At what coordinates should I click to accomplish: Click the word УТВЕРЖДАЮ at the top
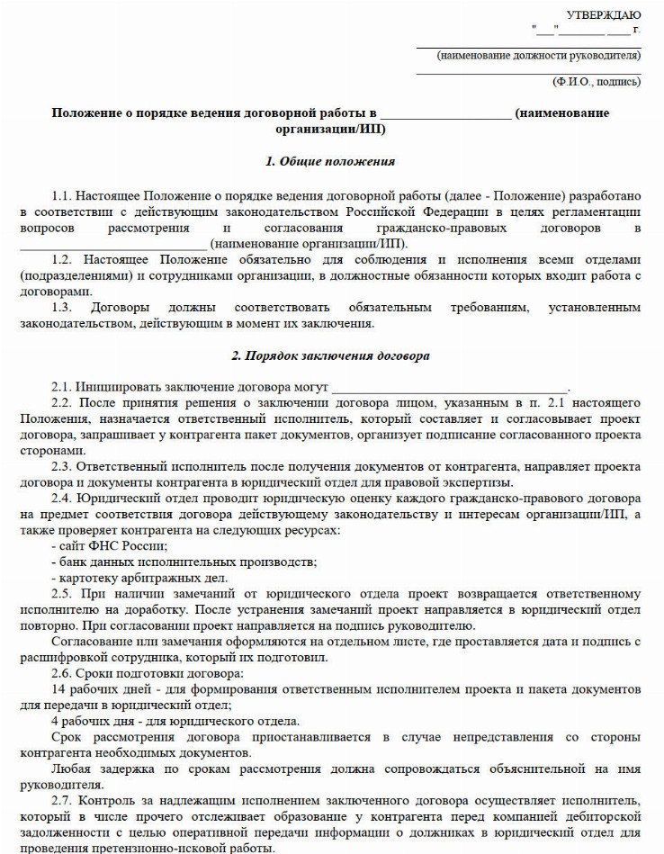click(604, 14)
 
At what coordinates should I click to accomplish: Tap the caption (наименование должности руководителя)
click(538, 56)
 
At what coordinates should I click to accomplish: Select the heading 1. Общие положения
click(330, 162)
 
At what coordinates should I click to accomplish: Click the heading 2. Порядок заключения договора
click(330, 355)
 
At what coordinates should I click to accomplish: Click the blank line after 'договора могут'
click(450, 387)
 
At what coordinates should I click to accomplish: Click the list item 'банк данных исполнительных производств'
click(184, 562)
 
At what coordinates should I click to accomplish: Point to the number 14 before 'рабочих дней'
click(58, 688)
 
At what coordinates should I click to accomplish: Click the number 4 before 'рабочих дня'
click(55, 720)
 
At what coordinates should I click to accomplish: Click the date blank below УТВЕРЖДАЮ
click(586, 31)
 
